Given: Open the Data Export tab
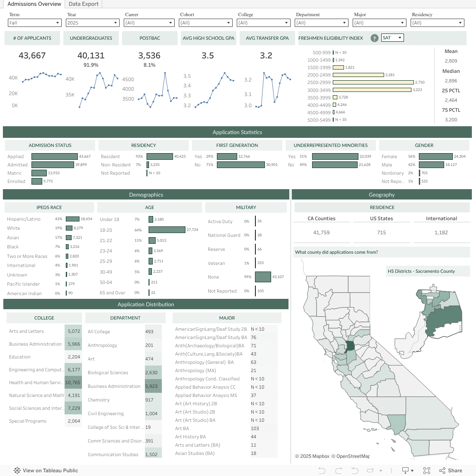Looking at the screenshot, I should coord(84,4).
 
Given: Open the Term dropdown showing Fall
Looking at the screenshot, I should coord(35,23).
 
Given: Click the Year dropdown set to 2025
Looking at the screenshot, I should coord(93,23).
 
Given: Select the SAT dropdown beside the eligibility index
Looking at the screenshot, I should coord(392,38).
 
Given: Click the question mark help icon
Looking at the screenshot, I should coord(374,38).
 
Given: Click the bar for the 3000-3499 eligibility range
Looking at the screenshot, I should coord(372,90).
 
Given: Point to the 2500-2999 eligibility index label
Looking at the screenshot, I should coord(319,83).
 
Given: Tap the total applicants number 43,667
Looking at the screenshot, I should coord(32,55).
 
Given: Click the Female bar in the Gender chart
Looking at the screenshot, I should coord(435,156).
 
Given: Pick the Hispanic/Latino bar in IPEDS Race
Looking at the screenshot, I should coord(72,219).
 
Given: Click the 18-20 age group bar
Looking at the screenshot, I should coord(167,230).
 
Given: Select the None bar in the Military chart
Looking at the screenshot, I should coord(263,277).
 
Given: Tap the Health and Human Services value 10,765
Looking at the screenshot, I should coord(73,382).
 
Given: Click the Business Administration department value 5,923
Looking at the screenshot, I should coord(151,386).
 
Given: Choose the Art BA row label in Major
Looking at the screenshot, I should coord(182,428).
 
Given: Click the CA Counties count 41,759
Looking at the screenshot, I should coord(322,233).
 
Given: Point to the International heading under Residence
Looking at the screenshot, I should coord(441,219).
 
